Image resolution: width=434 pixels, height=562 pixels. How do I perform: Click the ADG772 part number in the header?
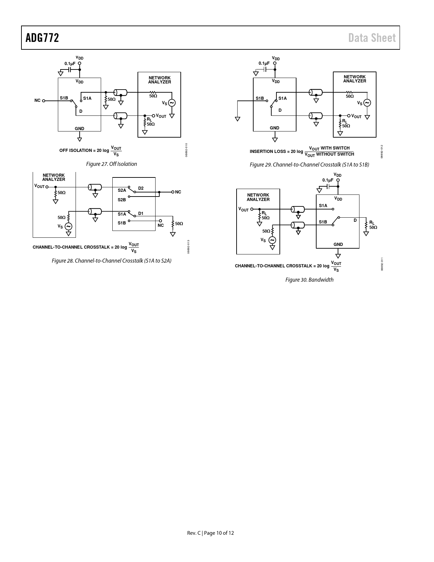coord(42,38)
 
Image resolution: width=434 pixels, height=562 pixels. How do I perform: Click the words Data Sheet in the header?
coord(372,38)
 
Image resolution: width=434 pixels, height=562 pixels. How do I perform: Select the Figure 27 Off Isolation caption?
coord(111,164)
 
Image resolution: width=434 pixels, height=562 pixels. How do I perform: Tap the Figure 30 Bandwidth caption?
coord(309,280)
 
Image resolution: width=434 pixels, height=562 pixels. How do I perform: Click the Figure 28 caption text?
coord(111,261)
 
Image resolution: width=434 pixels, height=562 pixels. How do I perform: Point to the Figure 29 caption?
coord(309,165)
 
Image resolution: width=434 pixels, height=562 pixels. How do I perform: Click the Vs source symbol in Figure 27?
coord(172,103)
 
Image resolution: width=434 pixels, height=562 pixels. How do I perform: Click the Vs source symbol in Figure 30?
coord(272,240)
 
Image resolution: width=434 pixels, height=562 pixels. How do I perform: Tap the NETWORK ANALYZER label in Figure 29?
coord(354,79)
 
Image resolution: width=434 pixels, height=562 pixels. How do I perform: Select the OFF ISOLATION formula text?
coord(90,151)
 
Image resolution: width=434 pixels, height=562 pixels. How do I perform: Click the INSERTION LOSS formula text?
coord(302,151)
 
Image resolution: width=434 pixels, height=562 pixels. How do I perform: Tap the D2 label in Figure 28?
coord(141,188)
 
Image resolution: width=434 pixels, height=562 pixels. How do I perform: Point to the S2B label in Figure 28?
coord(122,200)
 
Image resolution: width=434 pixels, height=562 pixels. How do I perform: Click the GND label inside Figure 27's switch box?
coord(79,128)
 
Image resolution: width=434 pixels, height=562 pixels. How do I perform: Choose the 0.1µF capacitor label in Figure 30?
coord(328,180)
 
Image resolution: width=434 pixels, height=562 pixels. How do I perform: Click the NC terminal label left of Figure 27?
coord(37,100)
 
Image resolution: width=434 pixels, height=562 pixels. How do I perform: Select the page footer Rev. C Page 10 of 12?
coord(210,533)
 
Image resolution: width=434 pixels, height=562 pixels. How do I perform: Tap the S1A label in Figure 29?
coord(283,98)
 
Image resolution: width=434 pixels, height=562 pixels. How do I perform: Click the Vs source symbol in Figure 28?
coord(68,227)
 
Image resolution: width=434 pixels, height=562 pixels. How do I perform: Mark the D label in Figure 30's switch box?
coord(355,220)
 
